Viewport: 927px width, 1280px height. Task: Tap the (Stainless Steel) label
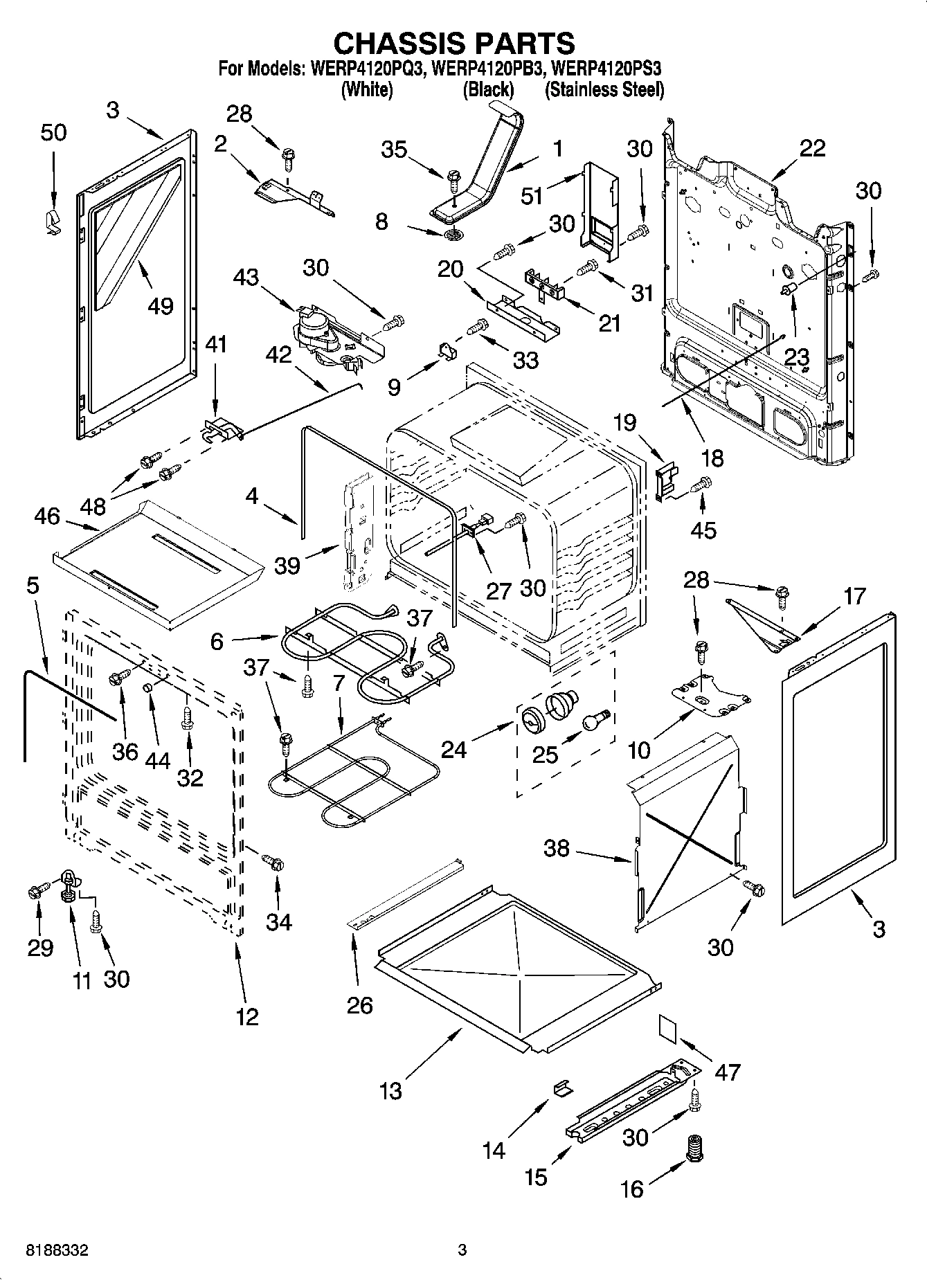point(604,89)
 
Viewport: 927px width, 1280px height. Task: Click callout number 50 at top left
point(53,132)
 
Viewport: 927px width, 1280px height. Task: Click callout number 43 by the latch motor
point(246,277)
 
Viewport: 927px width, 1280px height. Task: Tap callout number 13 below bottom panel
point(391,1091)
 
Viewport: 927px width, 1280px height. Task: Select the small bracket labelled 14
point(563,1089)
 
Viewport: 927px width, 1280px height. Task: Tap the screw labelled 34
point(273,863)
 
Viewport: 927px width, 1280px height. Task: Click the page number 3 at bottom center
point(462,1250)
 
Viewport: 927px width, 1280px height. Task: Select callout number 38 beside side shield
point(557,848)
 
